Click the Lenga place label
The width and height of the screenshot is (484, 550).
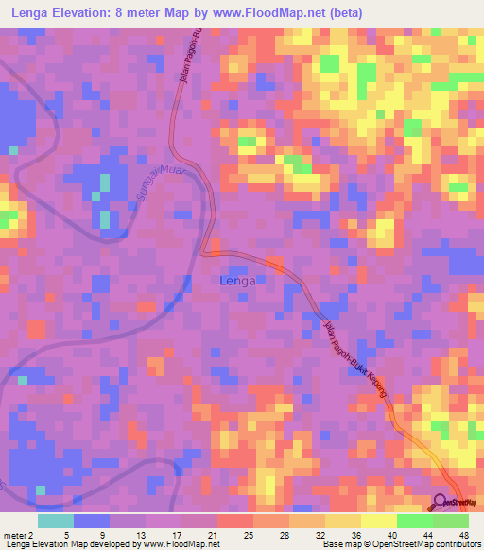(x=235, y=280)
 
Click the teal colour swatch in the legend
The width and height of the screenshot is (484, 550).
(x=56, y=521)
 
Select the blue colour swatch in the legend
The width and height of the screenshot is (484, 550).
(x=92, y=521)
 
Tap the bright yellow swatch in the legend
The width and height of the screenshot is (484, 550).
(x=378, y=521)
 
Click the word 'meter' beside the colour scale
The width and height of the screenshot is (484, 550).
(x=13, y=535)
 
